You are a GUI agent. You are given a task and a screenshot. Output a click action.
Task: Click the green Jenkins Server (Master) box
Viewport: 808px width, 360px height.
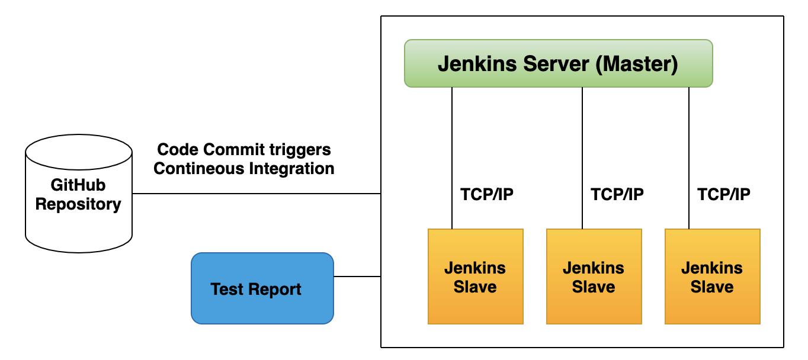[558, 63]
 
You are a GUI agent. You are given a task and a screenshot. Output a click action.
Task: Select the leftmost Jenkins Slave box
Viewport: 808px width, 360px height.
[475, 277]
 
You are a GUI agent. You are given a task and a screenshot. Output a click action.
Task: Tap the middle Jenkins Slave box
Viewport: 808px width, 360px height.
[594, 277]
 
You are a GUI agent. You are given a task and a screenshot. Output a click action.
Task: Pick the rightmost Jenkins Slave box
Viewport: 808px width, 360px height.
[712, 277]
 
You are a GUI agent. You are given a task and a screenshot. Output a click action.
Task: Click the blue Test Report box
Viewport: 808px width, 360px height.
[262, 288]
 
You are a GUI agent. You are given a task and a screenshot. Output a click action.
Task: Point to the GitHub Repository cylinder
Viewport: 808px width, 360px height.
[78, 195]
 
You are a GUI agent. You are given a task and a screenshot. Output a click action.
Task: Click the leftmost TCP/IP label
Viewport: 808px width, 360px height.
[486, 194]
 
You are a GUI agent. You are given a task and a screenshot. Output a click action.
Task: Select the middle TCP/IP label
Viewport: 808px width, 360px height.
[617, 194]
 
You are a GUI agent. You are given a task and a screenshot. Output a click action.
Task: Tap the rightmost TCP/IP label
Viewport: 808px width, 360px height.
[723, 194]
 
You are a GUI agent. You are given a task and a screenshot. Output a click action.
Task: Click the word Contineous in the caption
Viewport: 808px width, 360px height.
[198, 169]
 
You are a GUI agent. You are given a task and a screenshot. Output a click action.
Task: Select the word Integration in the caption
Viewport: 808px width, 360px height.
[291, 169]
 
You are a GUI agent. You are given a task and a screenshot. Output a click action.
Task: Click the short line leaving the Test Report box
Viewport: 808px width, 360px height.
[357, 277]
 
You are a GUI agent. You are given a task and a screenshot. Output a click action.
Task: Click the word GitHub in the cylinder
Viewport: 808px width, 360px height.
[78, 185]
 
